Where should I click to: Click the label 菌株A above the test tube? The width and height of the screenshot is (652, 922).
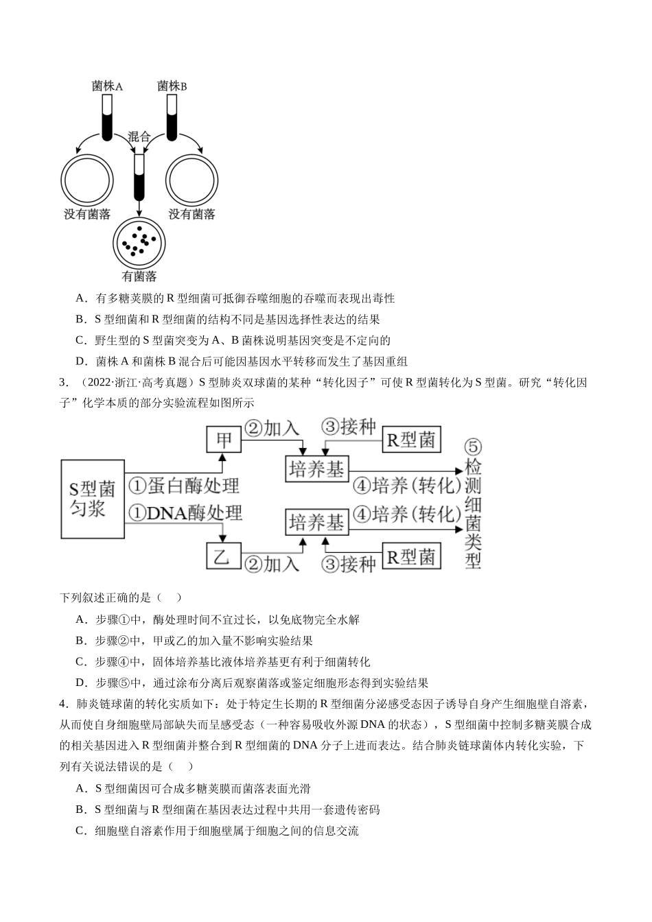click(107, 86)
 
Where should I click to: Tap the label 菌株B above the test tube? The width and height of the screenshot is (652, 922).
click(172, 86)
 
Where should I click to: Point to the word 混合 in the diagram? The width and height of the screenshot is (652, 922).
click(139, 137)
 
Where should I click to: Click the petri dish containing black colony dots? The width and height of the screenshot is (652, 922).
click(139, 244)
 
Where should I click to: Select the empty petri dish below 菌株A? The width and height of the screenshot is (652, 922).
click(87, 180)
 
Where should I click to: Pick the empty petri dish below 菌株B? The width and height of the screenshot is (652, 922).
click(192, 180)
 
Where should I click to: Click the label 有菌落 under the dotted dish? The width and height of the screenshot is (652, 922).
click(139, 276)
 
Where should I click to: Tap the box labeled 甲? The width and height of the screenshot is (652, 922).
click(224, 440)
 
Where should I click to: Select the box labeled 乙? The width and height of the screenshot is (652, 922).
click(224, 556)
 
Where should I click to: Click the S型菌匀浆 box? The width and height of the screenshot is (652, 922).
click(93, 499)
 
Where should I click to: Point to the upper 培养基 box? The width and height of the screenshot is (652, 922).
click(317, 469)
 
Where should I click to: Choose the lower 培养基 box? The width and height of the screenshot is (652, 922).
click(317, 522)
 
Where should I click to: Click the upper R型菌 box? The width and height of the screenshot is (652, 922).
click(412, 440)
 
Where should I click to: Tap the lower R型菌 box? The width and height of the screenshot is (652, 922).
click(412, 556)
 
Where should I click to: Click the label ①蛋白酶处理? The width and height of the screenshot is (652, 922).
click(184, 485)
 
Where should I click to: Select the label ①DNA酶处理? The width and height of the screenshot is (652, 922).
click(185, 513)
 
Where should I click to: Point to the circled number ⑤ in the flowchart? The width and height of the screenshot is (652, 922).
click(473, 447)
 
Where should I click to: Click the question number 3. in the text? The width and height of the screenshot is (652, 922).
click(64, 382)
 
